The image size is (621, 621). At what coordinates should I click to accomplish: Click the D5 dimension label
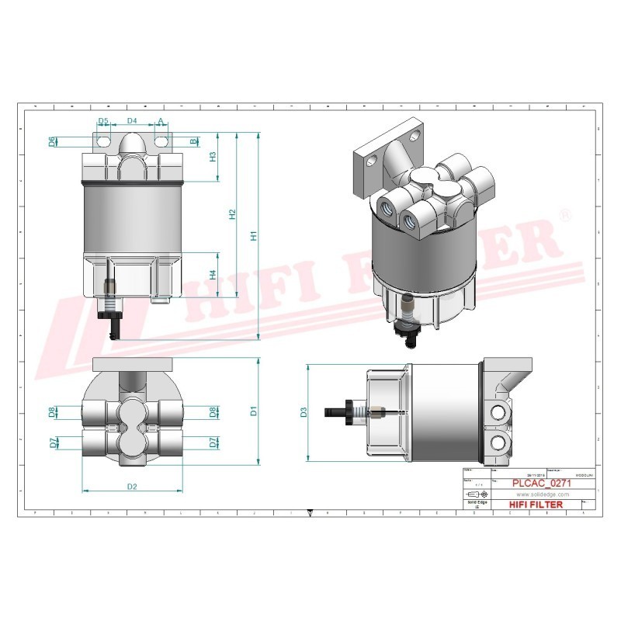click(103, 122)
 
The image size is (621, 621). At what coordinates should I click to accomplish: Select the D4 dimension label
click(132, 122)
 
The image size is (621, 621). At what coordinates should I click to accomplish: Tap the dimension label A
click(161, 122)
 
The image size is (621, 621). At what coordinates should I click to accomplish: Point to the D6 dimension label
click(53, 141)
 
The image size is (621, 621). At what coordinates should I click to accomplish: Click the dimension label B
click(194, 141)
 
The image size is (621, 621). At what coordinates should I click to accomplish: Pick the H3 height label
click(213, 156)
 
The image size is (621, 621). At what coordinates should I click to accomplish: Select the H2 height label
click(231, 214)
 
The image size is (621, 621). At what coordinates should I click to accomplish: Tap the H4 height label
click(213, 274)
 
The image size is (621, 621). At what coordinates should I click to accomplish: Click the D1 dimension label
click(253, 411)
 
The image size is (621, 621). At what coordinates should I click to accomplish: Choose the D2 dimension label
click(132, 487)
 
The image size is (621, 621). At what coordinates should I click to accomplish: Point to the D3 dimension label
click(304, 412)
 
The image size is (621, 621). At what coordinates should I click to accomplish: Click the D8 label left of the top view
click(53, 411)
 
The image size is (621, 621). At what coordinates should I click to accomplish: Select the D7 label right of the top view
click(212, 442)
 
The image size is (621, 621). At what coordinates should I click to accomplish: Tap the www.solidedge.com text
click(543, 494)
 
